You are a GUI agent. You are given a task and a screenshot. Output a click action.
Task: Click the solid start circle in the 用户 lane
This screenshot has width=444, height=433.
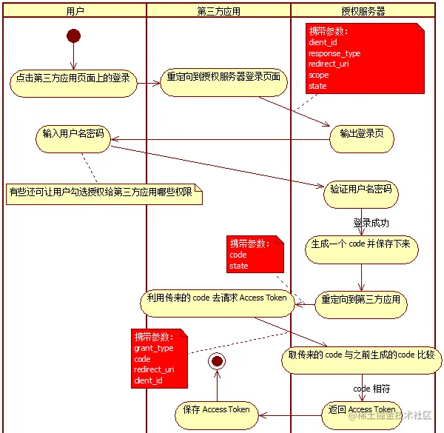73,36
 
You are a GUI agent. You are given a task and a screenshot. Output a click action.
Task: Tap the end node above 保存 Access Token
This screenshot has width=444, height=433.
217,361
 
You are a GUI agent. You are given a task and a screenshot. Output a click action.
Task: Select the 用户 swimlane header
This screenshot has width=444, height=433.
75,11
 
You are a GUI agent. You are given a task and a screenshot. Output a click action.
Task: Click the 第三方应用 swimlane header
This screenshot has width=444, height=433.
218,11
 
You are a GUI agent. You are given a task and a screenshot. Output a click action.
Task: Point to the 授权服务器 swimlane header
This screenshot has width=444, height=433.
363,11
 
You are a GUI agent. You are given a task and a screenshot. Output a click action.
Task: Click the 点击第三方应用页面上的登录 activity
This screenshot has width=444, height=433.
73,84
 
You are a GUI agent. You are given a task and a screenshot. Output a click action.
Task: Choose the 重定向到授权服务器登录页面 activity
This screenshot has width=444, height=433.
223,82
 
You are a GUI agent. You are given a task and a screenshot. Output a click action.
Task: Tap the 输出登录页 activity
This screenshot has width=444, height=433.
362,139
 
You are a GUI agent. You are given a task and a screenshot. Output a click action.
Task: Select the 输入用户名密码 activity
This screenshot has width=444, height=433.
73,139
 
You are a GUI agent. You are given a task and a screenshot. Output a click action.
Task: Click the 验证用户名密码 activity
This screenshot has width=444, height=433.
361,195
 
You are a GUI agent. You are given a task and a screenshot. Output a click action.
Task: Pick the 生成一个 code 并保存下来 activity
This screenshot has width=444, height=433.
361,249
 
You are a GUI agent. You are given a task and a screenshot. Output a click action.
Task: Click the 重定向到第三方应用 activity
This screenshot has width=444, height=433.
361,305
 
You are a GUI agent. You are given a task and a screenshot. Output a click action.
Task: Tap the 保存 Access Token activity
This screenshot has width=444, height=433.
217,416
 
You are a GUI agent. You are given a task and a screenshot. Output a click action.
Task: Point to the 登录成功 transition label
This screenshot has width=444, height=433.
371,223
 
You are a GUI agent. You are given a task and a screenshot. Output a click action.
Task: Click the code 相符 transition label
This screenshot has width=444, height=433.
371,389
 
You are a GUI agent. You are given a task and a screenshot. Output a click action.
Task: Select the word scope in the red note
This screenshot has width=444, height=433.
318,75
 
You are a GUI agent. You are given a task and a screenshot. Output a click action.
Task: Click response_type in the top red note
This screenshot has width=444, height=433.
334,53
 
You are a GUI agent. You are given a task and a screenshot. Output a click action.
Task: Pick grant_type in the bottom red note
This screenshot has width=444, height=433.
154,348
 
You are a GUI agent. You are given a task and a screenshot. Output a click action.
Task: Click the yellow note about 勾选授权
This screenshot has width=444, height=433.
104,194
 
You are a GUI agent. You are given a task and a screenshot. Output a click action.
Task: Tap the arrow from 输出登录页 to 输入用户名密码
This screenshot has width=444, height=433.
220,139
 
